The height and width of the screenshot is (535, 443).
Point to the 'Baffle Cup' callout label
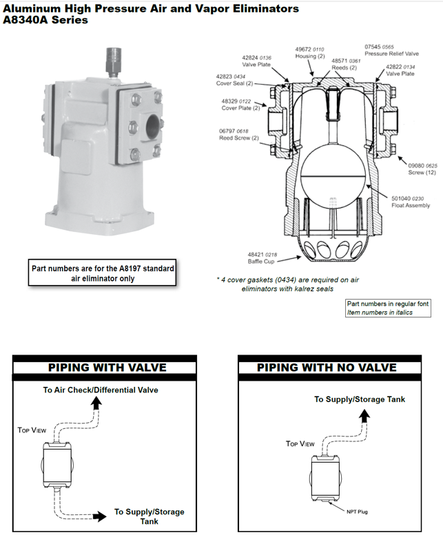coord(260,262)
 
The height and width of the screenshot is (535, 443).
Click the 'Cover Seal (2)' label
coord(234,84)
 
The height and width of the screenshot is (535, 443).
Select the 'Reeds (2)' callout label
coord(344,67)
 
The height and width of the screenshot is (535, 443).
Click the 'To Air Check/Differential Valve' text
coord(101,390)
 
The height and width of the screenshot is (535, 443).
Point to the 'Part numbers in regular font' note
coord(387,303)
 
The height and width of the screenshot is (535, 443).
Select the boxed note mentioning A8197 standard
coord(101,273)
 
